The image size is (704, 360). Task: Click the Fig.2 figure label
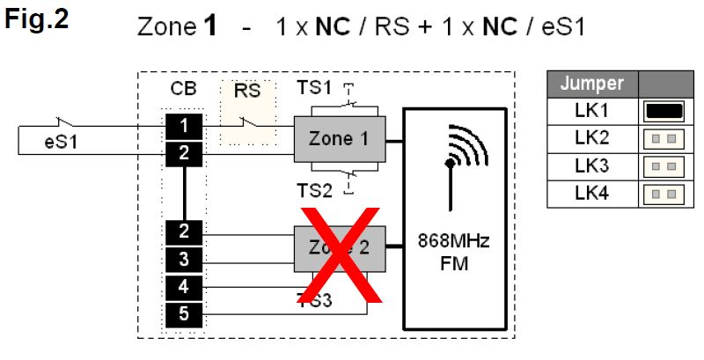(37, 20)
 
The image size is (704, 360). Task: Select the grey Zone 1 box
(339, 138)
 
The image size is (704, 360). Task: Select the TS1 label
(314, 88)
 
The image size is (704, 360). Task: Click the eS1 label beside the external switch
(60, 144)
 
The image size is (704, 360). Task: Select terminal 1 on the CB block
(183, 125)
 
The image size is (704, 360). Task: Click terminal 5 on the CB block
(183, 313)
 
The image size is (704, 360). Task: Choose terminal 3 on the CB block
(183, 260)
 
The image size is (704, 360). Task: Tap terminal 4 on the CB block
(183, 286)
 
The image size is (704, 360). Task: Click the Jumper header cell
(592, 84)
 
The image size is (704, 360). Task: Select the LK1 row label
(592, 111)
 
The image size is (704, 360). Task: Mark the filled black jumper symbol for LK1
(664, 111)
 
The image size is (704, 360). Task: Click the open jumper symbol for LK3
(664, 166)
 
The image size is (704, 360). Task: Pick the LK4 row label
(592, 194)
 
